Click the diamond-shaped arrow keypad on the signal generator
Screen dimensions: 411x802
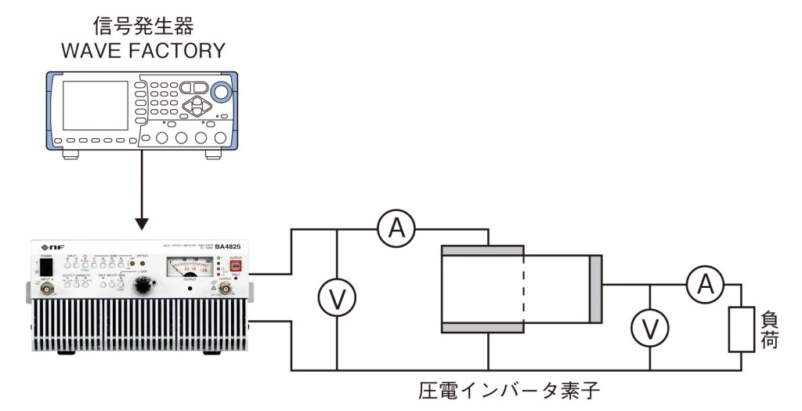(x=198, y=105)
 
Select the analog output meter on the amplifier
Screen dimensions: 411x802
(x=188, y=269)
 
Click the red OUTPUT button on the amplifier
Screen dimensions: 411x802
(x=234, y=267)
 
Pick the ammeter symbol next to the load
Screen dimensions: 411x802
(x=705, y=286)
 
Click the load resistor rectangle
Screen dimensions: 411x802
(x=740, y=329)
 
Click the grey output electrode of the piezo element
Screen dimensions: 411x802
(x=596, y=289)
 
